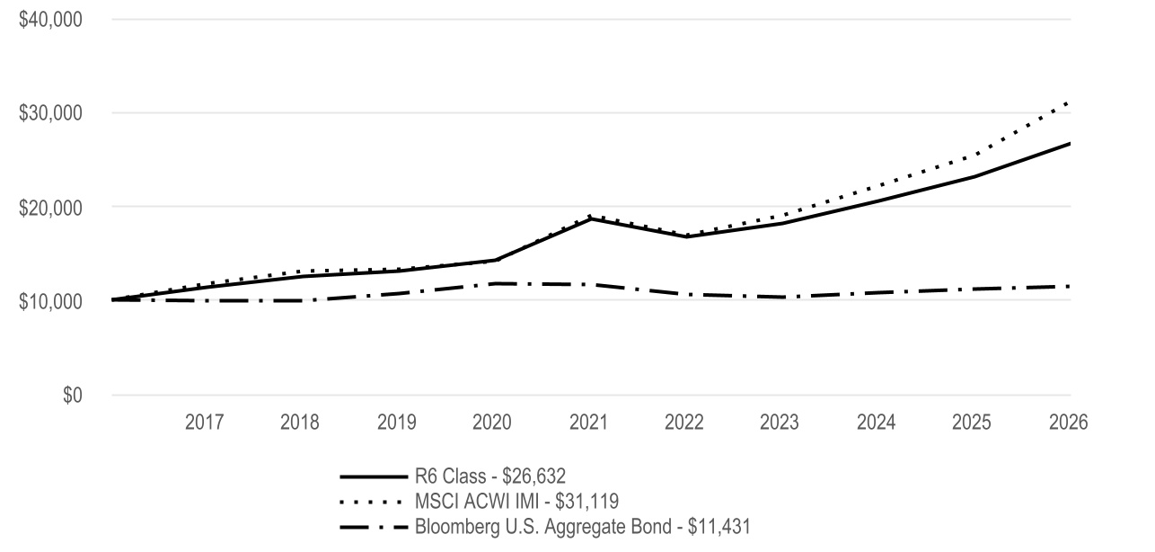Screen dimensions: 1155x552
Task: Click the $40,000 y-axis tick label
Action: coord(50,20)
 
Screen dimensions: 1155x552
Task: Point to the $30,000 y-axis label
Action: coord(50,113)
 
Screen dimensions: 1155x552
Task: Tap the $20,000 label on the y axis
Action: coord(50,208)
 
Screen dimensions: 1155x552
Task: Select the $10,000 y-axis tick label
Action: coord(50,301)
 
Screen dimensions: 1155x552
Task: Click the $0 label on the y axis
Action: coord(73,395)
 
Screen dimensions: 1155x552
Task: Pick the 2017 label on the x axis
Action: coord(204,423)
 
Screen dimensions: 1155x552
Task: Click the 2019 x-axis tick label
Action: coord(396,423)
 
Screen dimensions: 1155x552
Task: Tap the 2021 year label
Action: coord(589,423)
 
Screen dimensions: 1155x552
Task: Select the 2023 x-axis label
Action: coord(779,423)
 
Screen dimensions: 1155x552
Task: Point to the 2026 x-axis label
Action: coord(1069,423)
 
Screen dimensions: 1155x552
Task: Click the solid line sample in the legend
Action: coord(374,476)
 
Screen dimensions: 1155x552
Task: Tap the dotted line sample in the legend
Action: coord(371,502)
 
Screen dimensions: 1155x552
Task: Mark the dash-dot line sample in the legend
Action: coord(374,527)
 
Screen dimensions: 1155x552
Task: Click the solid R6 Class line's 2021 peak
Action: coord(589,218)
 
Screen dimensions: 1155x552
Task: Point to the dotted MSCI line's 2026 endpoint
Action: coord(1069,103)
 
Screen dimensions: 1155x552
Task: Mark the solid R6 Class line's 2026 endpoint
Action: coord(1070,144)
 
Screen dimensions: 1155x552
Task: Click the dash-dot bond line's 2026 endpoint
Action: coord(1070,286)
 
